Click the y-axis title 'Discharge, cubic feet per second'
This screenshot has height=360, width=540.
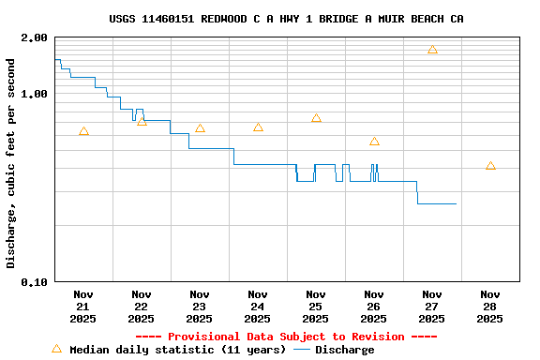pos(11,163)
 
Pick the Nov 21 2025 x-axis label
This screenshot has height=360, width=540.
pos(83,306)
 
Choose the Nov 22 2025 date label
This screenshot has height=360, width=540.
pos(142,306)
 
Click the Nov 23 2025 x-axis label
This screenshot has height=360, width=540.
pos(200,306)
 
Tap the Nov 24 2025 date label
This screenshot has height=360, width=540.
pos(258,306)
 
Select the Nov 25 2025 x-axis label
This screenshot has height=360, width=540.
pos(316,306)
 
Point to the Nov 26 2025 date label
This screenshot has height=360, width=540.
pos(374,306)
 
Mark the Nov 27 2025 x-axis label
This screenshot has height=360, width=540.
pos(432,306)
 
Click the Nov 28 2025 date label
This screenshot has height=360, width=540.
pos(490,306)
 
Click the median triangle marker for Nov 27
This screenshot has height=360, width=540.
pos(432,50)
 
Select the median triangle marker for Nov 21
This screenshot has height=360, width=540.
pos(83,131)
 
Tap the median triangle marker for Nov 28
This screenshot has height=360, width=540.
pos(490,166)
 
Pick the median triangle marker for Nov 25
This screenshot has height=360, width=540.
pos(316,118)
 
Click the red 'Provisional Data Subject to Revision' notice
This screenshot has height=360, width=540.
pos(286,337)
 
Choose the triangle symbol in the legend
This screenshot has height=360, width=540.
pos(56,349)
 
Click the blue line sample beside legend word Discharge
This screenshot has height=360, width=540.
pos(302,350)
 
